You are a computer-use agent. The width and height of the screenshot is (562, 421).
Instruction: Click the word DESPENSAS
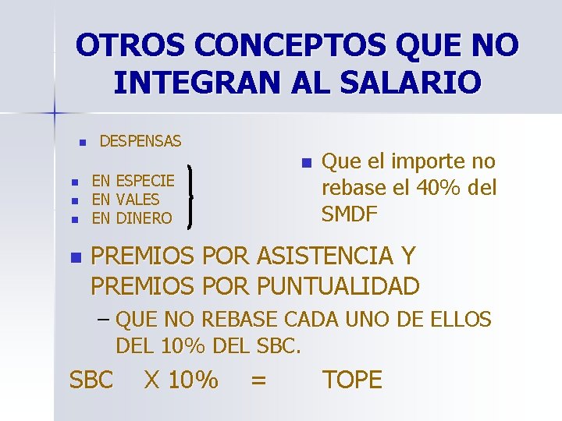click(140, 141)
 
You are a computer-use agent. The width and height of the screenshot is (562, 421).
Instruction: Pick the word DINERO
click(144, 218)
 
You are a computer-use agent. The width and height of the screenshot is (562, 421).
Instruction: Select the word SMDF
click(350, 214)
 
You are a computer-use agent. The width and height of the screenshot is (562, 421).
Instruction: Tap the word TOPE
click(352, 380)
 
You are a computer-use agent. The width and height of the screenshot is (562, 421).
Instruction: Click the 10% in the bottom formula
click(192, 380)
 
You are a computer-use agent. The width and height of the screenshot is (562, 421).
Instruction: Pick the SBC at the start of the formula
click(91, 380)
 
